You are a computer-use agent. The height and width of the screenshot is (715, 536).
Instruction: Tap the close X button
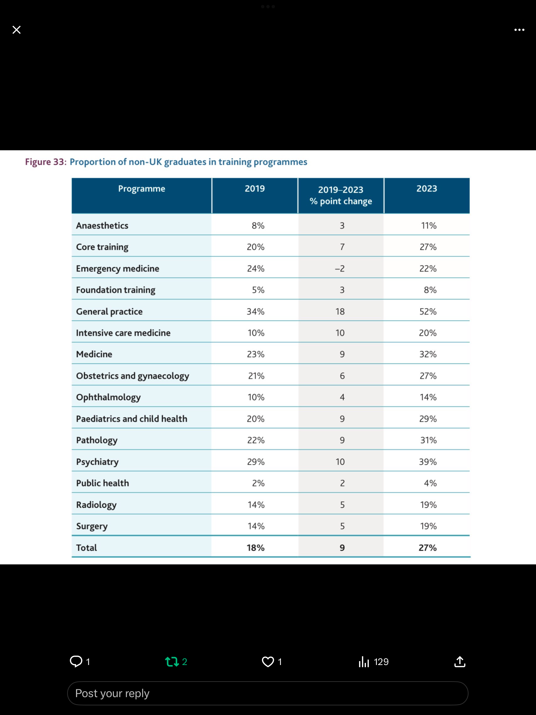(17, 30)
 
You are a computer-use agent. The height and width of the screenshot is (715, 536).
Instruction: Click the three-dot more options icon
(519, 30)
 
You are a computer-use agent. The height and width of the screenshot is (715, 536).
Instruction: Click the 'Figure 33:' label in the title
(46, 162)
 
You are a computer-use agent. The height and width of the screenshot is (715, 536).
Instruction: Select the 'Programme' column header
(142, 189)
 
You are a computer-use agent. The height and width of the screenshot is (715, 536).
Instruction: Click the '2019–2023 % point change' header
(341, 196)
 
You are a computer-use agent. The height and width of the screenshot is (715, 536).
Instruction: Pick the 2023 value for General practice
(428, 311)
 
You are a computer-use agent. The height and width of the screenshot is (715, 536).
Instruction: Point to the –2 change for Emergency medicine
(340, 268)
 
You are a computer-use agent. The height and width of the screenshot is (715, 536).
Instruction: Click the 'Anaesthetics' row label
(102, 226)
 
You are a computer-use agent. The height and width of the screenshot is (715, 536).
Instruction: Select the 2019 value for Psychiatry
(256, 462)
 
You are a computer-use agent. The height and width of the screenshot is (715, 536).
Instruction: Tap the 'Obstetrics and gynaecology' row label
(133, 376)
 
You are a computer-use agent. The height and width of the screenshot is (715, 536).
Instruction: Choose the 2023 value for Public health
(430, 483)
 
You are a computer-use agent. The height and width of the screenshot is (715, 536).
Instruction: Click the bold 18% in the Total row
(255, 548)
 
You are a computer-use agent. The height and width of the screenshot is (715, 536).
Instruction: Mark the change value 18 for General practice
(340, 311)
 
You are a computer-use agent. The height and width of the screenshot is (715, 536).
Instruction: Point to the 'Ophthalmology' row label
(109, 398)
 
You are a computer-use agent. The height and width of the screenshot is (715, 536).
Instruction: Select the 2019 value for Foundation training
(258, 290)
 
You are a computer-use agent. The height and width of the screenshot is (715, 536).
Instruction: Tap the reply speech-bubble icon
(76, 661)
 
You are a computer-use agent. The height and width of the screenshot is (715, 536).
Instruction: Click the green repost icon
(172, 662)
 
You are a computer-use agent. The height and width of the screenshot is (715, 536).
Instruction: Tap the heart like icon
(268, 662)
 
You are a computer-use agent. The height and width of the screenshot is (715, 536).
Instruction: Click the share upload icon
(460, 661)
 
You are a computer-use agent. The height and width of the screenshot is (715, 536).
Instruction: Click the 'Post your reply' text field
(268, 693)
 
